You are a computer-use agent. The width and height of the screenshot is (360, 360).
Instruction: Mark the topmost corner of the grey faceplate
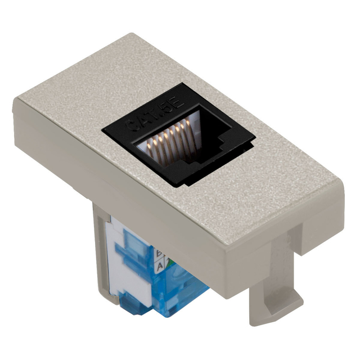[133, 35]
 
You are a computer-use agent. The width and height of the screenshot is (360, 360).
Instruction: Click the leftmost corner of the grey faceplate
[15, 102]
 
